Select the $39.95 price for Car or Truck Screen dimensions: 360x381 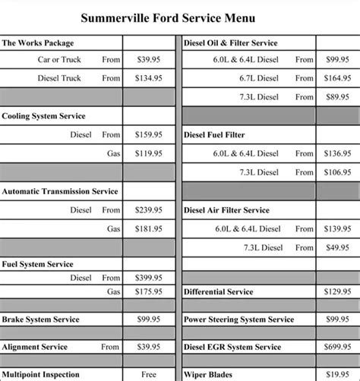pos(147,58)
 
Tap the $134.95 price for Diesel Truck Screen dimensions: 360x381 pos(147,77)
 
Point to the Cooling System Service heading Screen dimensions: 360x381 pos(43,116)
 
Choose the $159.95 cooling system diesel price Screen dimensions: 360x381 pos(147,135)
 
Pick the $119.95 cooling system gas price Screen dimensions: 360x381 pos(147,153)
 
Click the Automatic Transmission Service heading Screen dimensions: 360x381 pos(60,192)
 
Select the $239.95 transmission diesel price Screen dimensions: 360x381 pos(147,210)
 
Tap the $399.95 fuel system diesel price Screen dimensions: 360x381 pos(147,278)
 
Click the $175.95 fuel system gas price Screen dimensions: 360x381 pos(147,291)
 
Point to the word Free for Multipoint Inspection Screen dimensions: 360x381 pos(148,374)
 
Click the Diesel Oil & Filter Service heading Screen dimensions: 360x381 pos(231,43)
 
